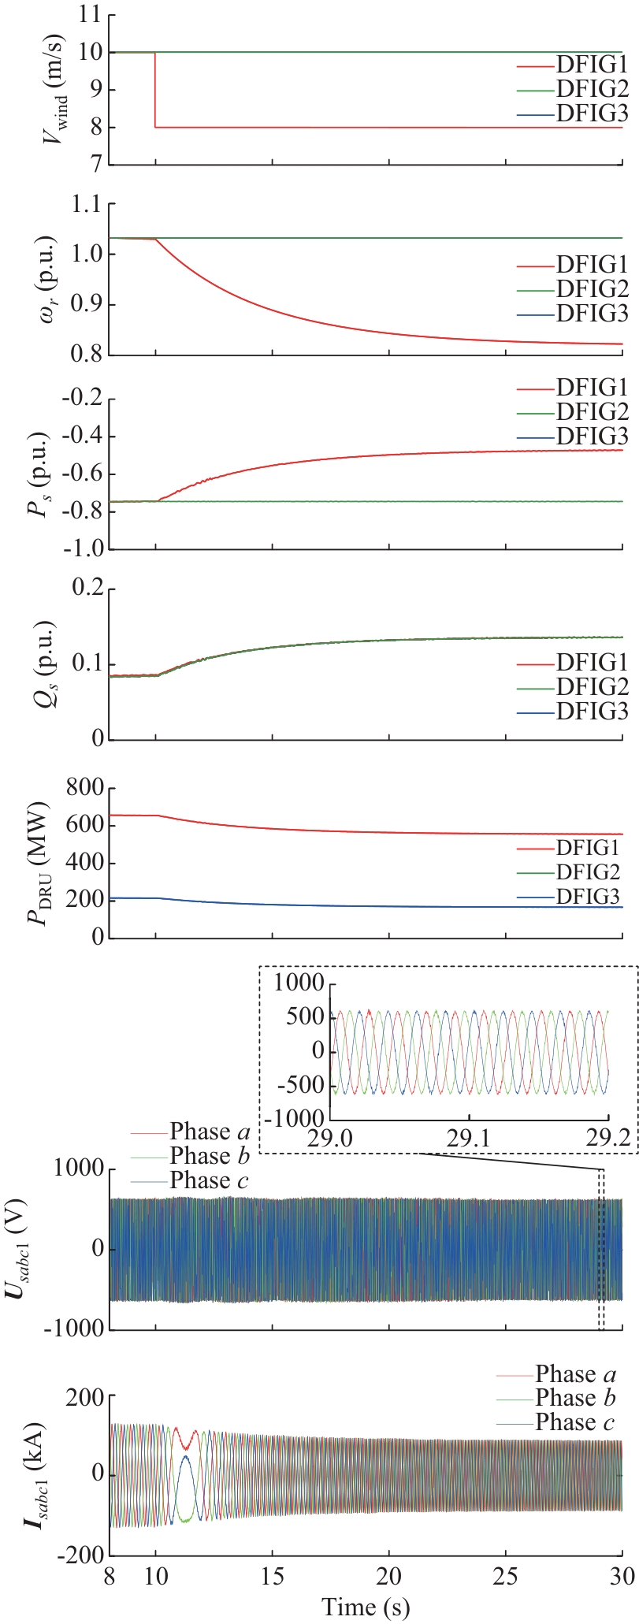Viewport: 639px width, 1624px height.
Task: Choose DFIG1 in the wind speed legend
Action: [592, 65]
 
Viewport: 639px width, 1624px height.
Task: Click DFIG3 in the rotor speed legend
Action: [592, 314]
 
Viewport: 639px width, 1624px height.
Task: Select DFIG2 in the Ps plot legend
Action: [592, 411]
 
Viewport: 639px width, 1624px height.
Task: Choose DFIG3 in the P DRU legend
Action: [588, 896]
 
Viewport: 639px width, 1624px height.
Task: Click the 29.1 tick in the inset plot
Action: [470, 1139]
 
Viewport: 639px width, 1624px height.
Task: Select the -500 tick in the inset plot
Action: [299, 1084]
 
